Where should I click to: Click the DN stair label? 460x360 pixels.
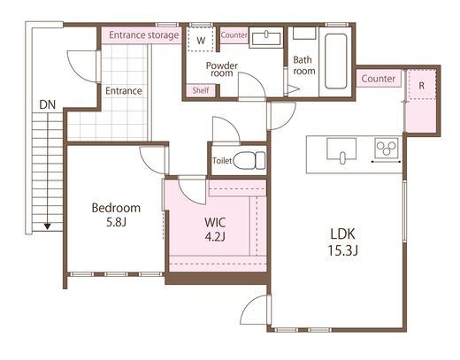tap(48, 104)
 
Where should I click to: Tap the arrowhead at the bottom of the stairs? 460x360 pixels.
tap(47, 226)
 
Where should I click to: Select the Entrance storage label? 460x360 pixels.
tap(144, 35)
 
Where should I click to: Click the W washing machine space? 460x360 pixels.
tap(201, 40)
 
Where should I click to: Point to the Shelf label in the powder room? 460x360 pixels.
tap(201, 90)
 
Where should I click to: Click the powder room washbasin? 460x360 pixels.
tap(266, 38)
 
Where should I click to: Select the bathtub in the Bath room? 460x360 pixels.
tap(335, 61)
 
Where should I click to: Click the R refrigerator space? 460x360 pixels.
tap(422, 85)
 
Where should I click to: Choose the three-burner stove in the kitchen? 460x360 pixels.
tap(387, 148)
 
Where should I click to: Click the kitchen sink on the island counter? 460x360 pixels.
tap(341, 149)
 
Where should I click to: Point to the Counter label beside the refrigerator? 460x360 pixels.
tap(378, 79)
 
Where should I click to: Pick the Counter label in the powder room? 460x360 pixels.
tap(234, 35)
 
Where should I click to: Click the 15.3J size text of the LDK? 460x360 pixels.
tap(343, 251)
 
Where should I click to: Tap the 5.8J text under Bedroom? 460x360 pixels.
tap(116, 222)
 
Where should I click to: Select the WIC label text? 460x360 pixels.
tap(215, 222)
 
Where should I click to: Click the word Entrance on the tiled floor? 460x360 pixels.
tap(124, 91)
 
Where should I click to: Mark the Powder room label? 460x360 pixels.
tap(222, 69)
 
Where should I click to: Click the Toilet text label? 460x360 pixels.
tap(222, 161)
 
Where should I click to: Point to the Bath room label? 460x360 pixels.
tap(304, 65)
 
